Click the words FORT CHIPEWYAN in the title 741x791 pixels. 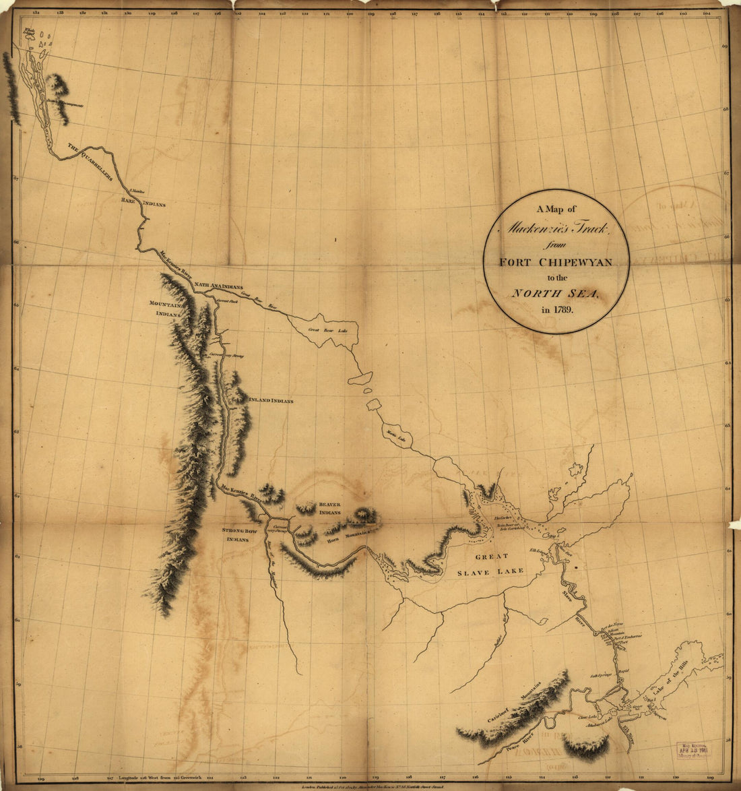pyautogui.click(x=556, y=262)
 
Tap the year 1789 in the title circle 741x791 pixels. pyautogui.click(x=556, y=310)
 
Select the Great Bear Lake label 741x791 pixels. pyautogui.click(x=326, y=330)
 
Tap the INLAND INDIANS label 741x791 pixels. pyautogui.click(x=271, y=401)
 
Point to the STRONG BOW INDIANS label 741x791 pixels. pyautogui.click(x=240, y=535)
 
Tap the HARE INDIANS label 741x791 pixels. pyautogui.click(x=143, y=202)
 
